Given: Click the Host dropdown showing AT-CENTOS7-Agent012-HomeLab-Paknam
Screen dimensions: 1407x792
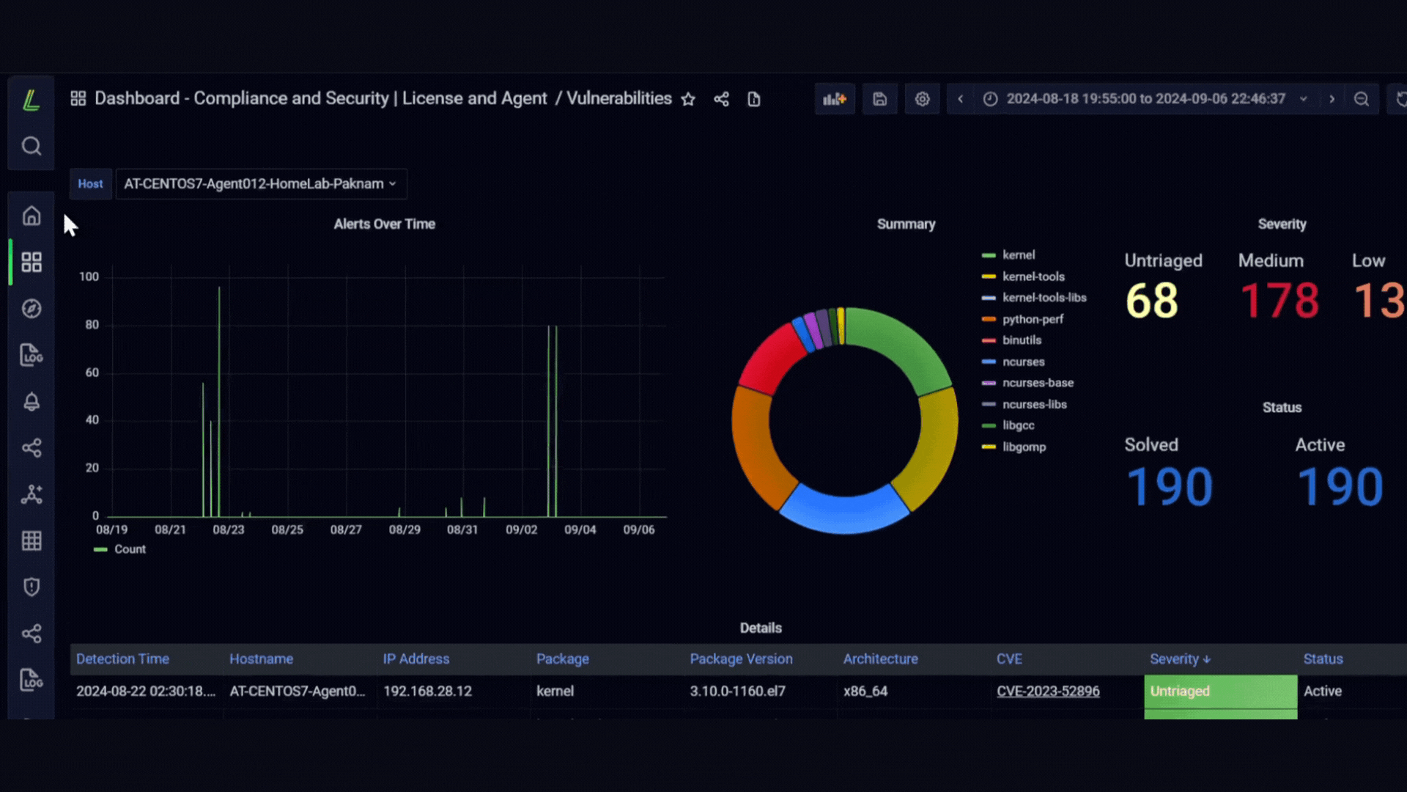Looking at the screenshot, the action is pos(261,184).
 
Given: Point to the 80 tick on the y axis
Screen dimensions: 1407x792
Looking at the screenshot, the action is pos(92,325).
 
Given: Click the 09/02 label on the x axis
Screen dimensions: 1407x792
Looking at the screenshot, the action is pos(522,529).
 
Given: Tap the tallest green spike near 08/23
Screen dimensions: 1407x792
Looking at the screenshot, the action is pos(219,401).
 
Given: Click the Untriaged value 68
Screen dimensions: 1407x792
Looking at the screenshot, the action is pos(1152,301).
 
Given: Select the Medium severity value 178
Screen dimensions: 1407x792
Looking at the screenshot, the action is pos(1279,301).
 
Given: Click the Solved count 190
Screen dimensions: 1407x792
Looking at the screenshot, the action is pos(1170,487).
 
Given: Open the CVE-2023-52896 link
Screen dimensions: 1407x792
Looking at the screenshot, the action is pos(1048,691).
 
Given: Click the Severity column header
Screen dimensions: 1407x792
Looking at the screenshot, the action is pos(1180,659).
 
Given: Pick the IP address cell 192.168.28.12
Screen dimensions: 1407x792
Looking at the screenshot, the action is pos(427,691).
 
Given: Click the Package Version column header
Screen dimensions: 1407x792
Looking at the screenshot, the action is pos(741,659).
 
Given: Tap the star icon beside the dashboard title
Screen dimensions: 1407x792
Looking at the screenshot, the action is pos(688,99).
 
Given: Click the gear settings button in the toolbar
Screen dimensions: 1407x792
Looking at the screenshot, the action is pos(922,99).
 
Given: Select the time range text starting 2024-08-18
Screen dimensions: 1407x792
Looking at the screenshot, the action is pos(1145,99).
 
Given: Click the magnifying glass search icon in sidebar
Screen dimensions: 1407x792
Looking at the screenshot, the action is pos(32,146).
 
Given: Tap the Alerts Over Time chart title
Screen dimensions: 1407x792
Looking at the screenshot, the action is pos(385,224).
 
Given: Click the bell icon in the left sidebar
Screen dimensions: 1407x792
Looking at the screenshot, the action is pos(32,401).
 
